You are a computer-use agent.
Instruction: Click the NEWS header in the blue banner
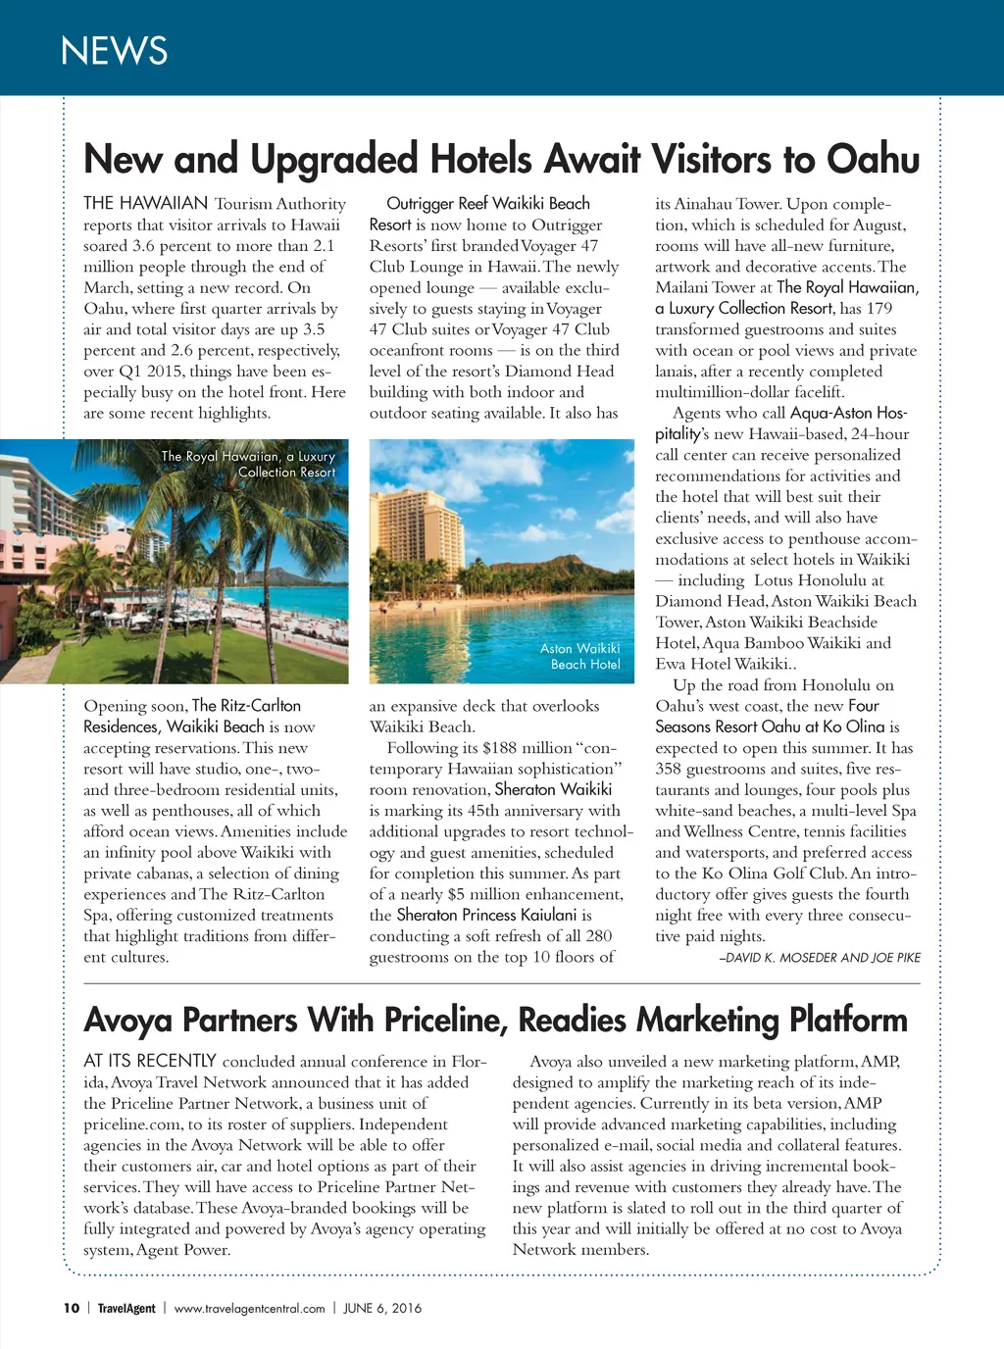[114, 51]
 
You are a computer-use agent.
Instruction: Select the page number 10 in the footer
[72, 1308]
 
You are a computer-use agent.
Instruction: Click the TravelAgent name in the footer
[126, 1308]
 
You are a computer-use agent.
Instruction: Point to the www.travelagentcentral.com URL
[249, 1308]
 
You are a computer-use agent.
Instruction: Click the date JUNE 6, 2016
[382, 1308]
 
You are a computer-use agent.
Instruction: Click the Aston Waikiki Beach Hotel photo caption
[580, 656]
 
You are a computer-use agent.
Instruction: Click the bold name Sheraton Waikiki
[553, 789]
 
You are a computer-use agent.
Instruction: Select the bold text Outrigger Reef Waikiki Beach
[488, 204]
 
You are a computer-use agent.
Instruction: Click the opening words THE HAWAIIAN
[145, 204]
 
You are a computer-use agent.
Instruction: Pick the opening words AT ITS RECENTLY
[149, 1061]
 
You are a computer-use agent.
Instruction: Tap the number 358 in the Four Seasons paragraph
[669, 769]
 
